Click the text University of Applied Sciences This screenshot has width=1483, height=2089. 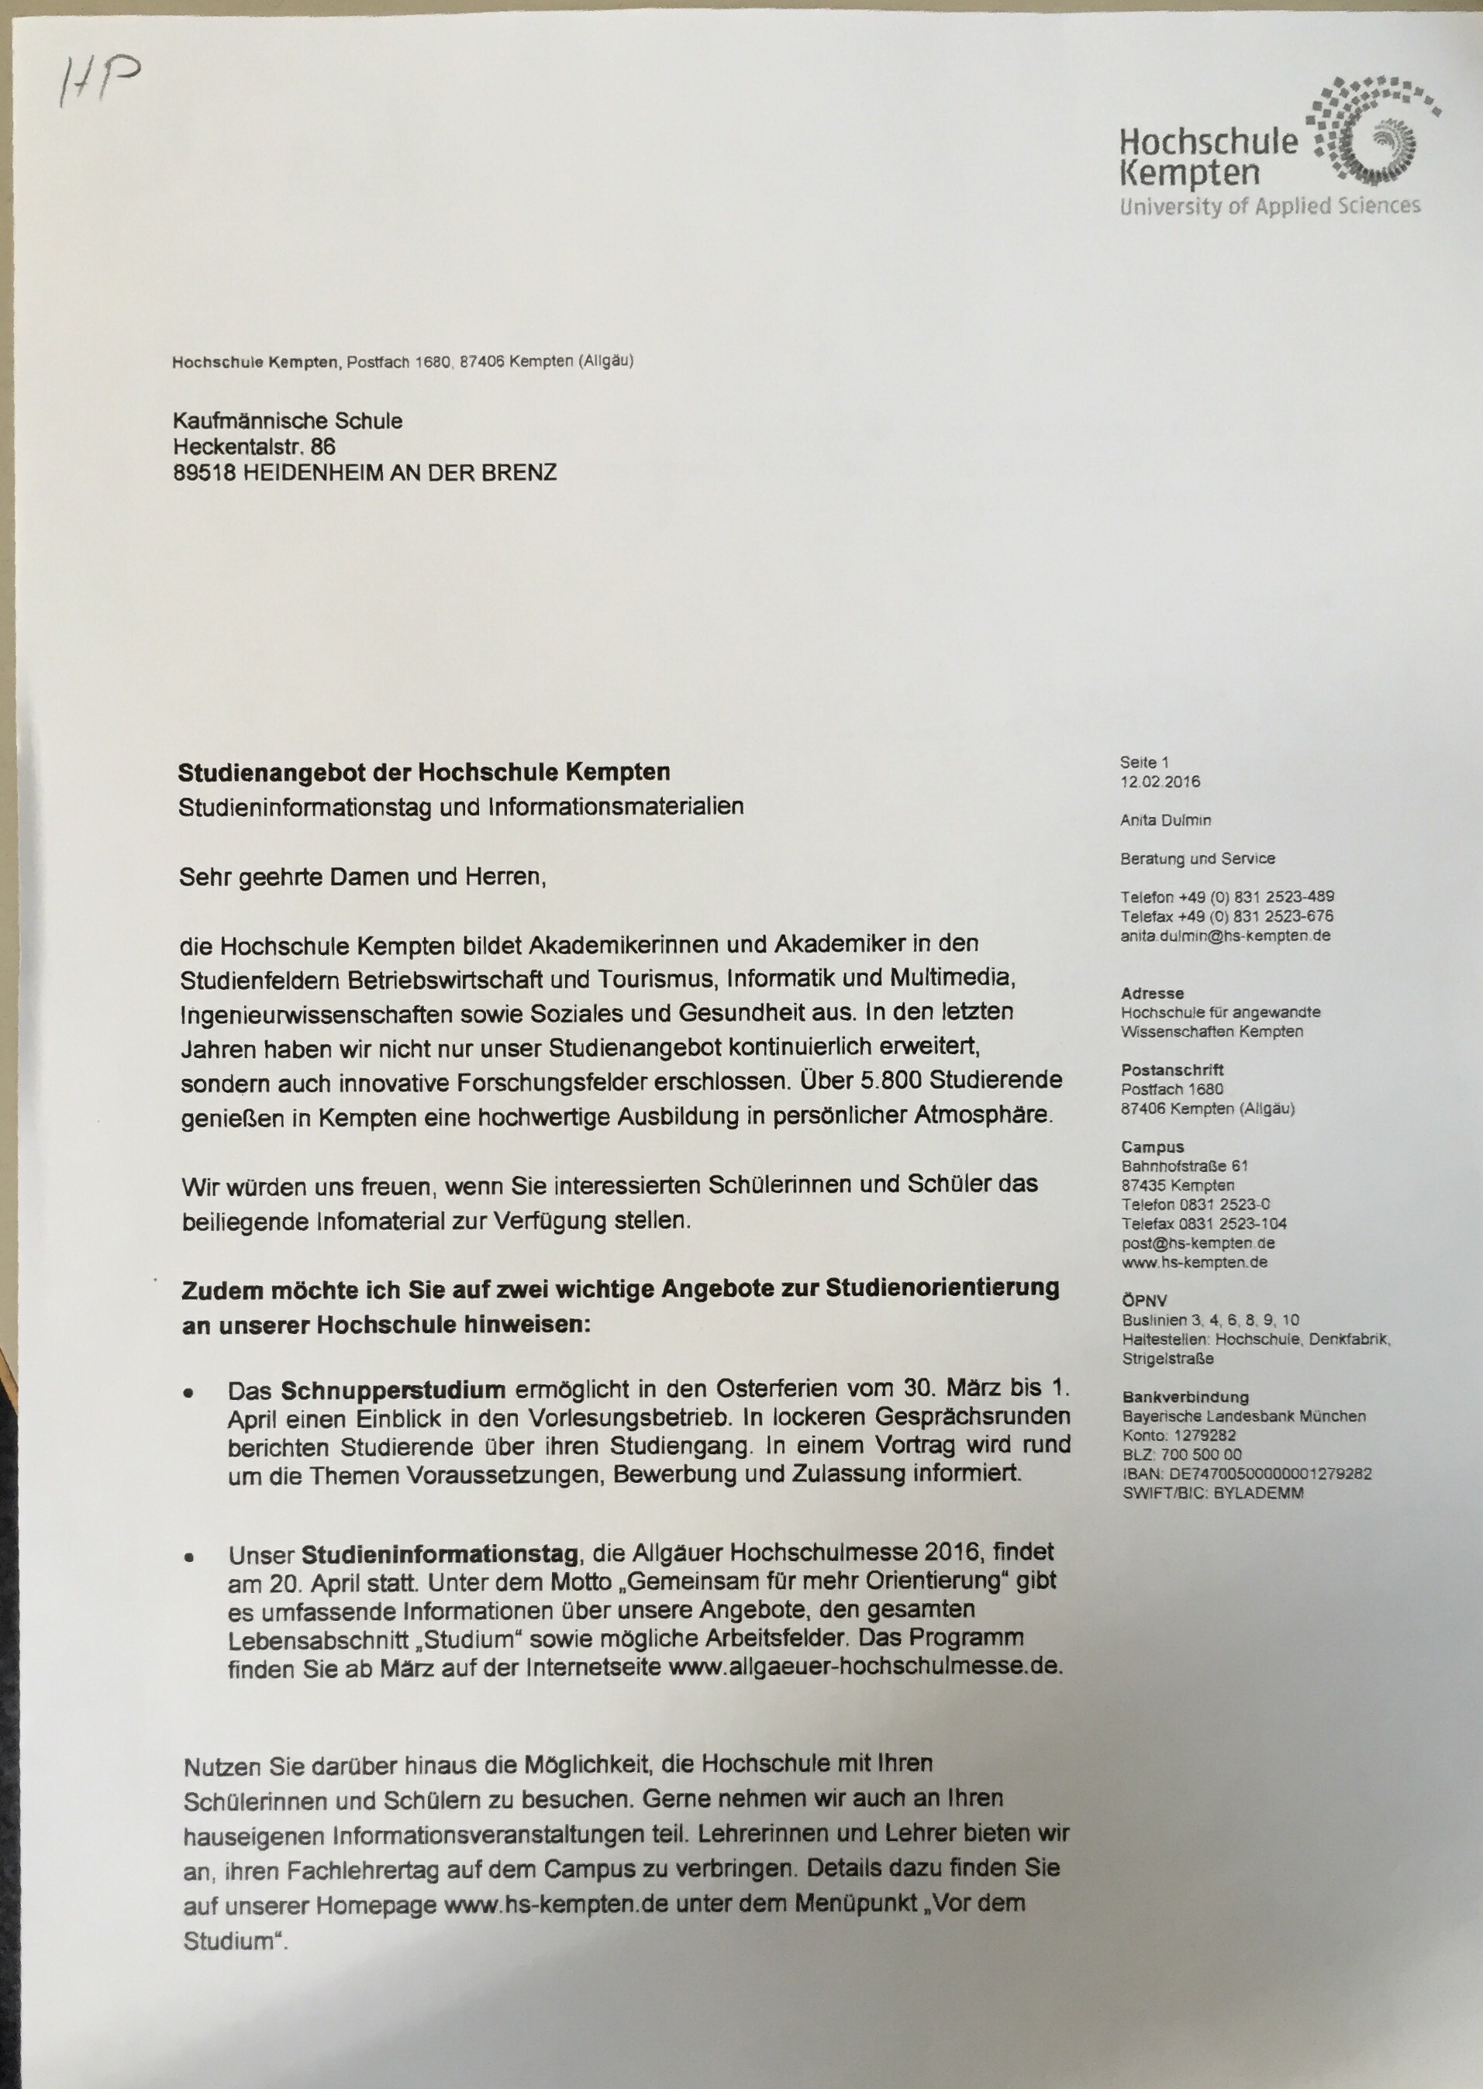coord(1269,206)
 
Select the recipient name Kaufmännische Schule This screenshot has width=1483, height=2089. coord(288,421)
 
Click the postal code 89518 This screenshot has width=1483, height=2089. coord(205,472)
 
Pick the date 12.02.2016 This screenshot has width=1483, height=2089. coord(1160,781)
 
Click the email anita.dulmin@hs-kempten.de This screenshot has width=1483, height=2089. coord(1226,936)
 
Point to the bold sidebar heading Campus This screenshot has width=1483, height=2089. coord(1153,1146)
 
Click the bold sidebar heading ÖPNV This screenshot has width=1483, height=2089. coord(1144,1301)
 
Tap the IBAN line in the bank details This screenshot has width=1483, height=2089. coord(1247,1474)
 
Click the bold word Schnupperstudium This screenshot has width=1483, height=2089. coord(393,1391)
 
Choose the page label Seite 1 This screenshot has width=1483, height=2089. coord(1144,763)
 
